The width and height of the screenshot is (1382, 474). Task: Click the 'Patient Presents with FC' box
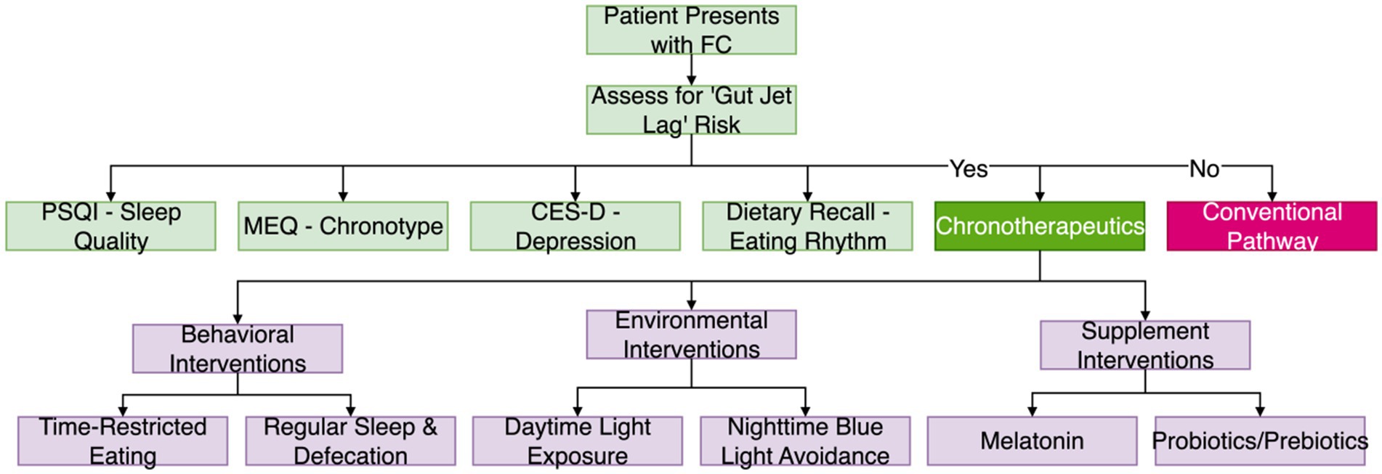[691, 30]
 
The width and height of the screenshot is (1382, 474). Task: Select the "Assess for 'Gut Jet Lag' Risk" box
[691, 110]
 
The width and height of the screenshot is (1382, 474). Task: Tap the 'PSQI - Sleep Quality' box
[110, 226]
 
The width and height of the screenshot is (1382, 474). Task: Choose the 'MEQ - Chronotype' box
[343, 226]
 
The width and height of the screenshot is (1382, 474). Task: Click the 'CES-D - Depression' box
[575, 226]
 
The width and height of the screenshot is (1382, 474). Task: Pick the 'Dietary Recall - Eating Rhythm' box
[807, 226]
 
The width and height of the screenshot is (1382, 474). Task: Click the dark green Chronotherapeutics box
[1039, 226]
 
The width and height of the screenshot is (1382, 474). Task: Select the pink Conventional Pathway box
[1272, 226]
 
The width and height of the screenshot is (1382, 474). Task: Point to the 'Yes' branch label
[969, 168]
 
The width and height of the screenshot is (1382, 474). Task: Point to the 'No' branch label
[1204, 168]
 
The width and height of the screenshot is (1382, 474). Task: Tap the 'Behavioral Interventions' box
[238, 348]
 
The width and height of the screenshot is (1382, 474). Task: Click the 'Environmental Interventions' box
[691, 335]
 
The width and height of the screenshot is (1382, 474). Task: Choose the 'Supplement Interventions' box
[1145, 345]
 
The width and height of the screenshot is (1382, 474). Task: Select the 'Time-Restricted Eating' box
[123, 441]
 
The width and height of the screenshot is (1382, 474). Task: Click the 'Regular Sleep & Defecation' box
[350, 441]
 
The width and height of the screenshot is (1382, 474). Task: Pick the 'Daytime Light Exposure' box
[578, 441]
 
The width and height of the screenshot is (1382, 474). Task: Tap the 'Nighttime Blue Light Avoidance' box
[805, 441]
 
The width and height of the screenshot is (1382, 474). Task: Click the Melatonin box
[1032, 441]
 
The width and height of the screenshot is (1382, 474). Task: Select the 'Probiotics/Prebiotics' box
[1260, 441]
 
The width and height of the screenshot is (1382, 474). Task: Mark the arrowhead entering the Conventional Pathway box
[1272, 196]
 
